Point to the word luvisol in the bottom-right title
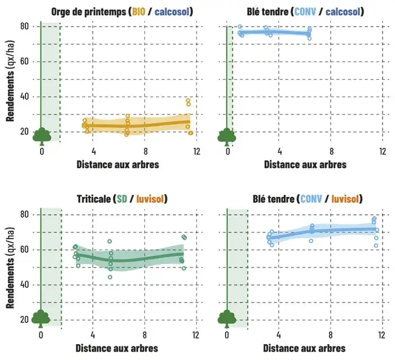(x=344, y=199)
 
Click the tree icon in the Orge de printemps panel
(x=42, y=135)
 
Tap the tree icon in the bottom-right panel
(x=227, y=319)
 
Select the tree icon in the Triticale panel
(x=41, y=319)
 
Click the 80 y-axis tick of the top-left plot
(x=25, y=27)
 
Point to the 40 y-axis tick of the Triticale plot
(x=25, y=284)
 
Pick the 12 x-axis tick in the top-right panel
(x=383, y=151)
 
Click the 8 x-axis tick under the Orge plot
(x=146, y=151)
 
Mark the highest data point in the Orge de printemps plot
(x=188, y=100)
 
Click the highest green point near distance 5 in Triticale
(x=109, y=241)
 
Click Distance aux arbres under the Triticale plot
(x=117, y=348)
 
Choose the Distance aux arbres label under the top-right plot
(x=305, y=164)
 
